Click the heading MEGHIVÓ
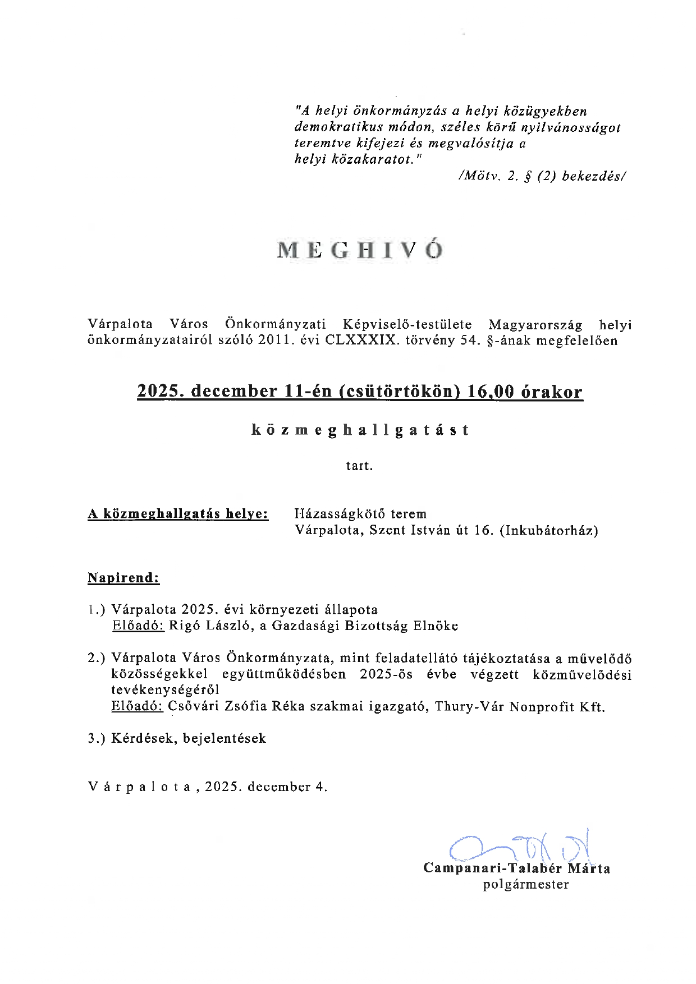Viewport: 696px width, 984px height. [360, 250]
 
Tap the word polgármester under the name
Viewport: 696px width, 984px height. [526, 885]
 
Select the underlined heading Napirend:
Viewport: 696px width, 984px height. [123, 578]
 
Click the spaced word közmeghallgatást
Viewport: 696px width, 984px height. [360, 430]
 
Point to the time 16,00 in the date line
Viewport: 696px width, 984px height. [491, 392]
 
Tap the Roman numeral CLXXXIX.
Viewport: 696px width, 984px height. [361, 341]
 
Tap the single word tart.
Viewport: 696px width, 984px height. [359, 466]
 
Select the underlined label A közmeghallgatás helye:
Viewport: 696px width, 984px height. [178, 514]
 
